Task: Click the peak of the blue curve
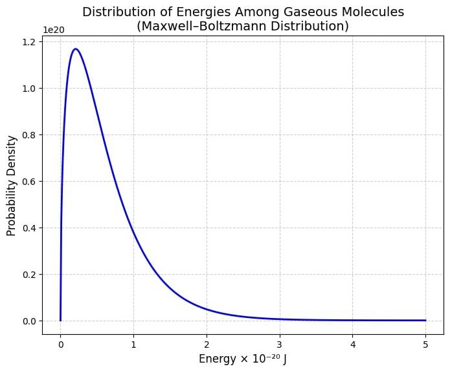point(76,48)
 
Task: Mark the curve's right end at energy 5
point(425,320)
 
